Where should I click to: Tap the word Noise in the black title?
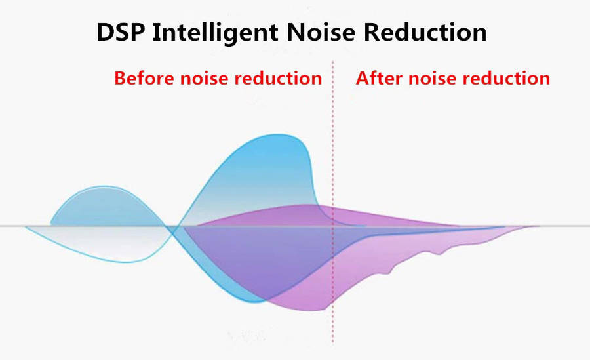pyautogui.click(x=321, y=32)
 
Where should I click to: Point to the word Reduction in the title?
pyautogui.click(x=425, y=32)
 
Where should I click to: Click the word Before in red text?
pyautogui.click(x=145, y=78)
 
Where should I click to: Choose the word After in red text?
pyautogui.click(x=380, y=78)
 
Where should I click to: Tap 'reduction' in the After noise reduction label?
pyautogui.click(x=506, y=78)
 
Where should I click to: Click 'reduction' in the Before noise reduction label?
pyautogui.click(x=278, y=78)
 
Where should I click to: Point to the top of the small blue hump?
pyautogui.click(x=106, y=186)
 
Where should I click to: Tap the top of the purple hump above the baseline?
pyautogui.click(x=305, y=205)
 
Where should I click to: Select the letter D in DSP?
pyautogui.click(x=106, y=32)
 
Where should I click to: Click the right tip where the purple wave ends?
pyautogui.click(x=538, y=226)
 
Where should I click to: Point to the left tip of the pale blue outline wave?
pyautogui.click(x=26, y=227)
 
